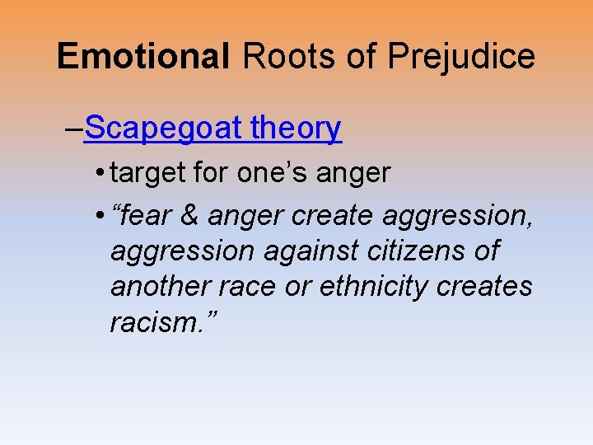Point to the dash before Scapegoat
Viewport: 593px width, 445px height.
[x=73, y=129]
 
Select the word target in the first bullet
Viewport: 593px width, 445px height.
[x=146, y=173]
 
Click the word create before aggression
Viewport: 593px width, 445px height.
[x=329, y=215]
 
